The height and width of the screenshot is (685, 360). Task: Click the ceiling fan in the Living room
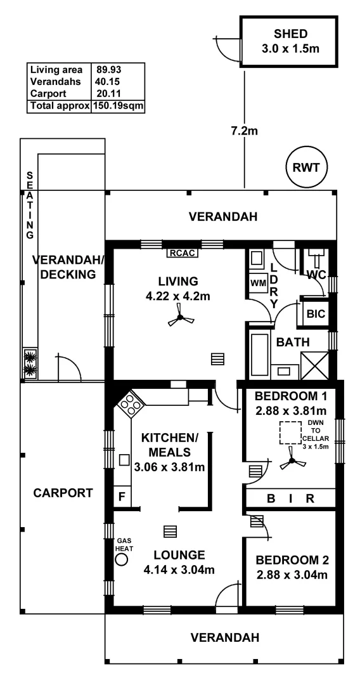(x=180, y=319)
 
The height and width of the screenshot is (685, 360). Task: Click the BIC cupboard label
(x=314, y=313)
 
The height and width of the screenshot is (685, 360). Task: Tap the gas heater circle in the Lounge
(x=122, y=559)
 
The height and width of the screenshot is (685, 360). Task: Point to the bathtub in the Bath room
(x=259, y=353)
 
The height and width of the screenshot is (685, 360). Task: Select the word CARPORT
(x=63, y=493)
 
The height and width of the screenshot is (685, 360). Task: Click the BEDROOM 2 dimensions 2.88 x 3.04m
(x=291, y=575)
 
